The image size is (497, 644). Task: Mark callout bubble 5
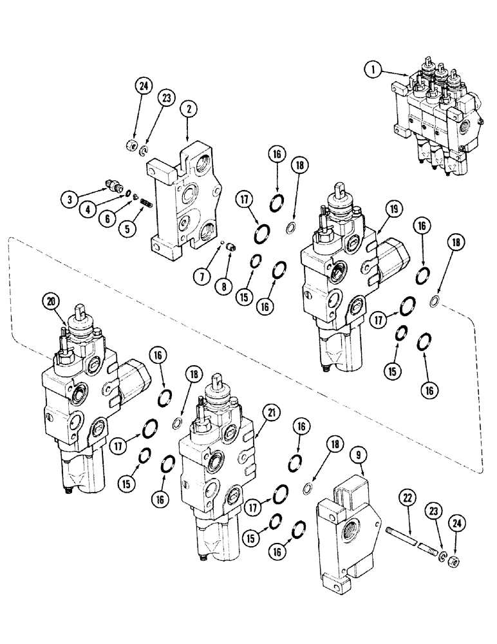click(x=132, y=228)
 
